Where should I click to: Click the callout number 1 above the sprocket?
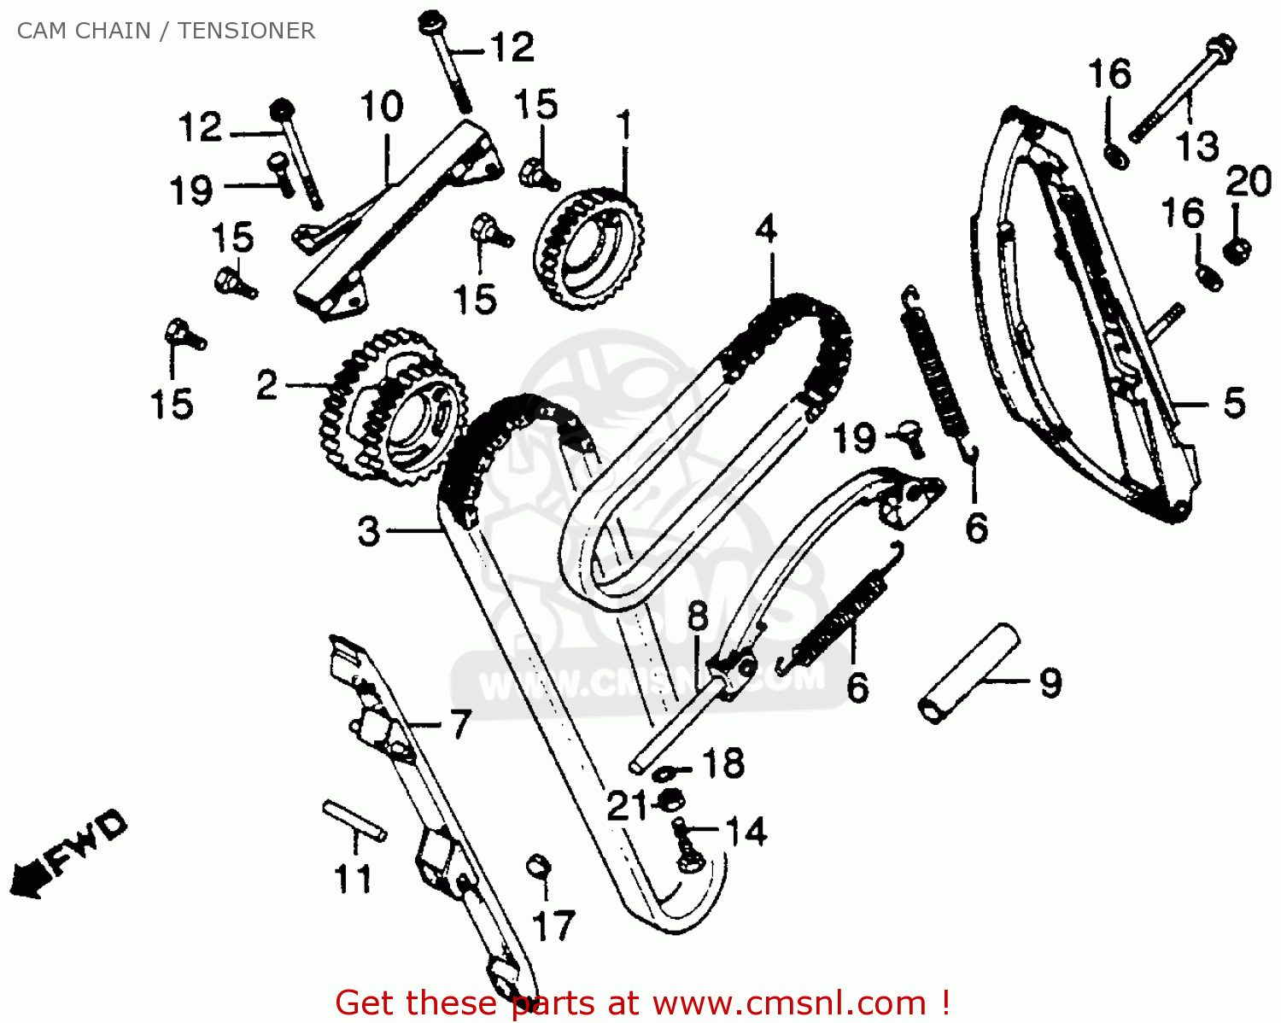click(624, 126)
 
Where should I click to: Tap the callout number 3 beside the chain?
click(368, 531)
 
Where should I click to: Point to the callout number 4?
click(766, 230)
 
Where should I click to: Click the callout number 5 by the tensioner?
click(1234, 402)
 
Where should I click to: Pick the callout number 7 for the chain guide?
click(460, 724)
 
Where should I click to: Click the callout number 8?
click(698, 617)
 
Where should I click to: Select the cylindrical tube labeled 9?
click(969, 674)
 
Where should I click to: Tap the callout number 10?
click(381, 108)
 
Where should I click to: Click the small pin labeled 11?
click(354, 821)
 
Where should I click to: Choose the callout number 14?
click(746, 831)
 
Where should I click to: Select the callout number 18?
click(722, 763)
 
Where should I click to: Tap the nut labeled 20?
click(1237, 250)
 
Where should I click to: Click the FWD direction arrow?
click(68, 854)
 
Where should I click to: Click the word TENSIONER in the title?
click(246, 31)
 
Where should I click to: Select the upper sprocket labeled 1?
click(588, 249)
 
